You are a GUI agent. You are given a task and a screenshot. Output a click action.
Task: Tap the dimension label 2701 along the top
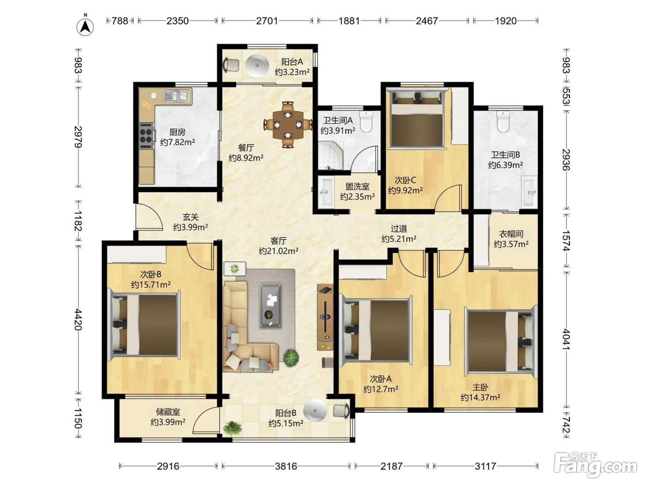point(267,21)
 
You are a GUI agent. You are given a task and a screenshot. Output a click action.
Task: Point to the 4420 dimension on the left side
point(78,319)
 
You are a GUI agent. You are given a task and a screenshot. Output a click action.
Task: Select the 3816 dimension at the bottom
point(286,466)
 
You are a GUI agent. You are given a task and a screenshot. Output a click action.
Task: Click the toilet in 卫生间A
point(366,121)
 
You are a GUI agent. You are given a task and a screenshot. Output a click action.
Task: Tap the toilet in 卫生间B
point(503,121)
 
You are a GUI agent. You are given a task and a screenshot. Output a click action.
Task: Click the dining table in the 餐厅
point(288,124)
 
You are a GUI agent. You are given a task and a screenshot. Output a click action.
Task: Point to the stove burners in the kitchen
point(146,136)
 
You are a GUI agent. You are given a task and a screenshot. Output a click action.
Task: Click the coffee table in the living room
point(270,305)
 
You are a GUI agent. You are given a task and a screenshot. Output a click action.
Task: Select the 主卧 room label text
point(481,387)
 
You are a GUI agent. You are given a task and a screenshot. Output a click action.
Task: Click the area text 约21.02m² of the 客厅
point(279,251)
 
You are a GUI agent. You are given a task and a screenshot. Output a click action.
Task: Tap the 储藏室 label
point(168,412)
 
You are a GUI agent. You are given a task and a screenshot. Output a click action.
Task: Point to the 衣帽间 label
point(511,234)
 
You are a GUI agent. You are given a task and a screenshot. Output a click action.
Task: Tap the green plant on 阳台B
point(233,429)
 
